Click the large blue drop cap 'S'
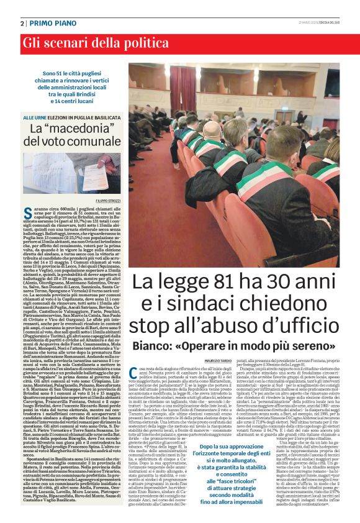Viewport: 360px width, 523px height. coord(27,215)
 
